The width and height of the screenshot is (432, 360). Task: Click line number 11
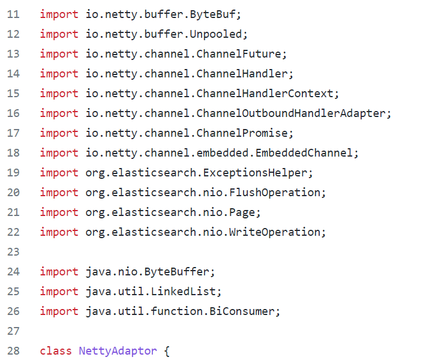[x=13, y=14]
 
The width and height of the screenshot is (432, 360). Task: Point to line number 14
[x=13, y=73]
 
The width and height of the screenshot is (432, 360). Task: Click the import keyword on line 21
[x=59, y=212]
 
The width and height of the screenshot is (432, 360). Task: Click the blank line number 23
[x=13, y=251]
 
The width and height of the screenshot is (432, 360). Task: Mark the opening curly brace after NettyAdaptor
[x=167, y=350]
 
